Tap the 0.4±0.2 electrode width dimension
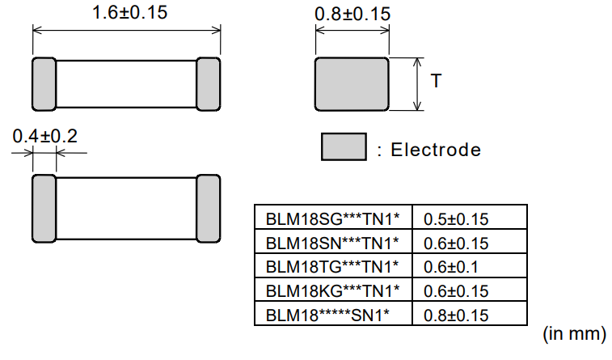(x=44, y=136)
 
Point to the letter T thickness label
(x=437, y=81)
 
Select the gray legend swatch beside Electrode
(x=344, y=147)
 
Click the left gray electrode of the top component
(x=44, y=84)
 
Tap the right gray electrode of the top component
(x=209, y=84)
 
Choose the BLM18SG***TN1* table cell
(x=333, y=218)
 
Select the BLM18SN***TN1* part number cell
(x=333, y=243)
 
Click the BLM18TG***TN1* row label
(x=333, y=266)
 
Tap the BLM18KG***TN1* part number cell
(x=333, y=290)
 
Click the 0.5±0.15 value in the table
(x=456, y=218)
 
